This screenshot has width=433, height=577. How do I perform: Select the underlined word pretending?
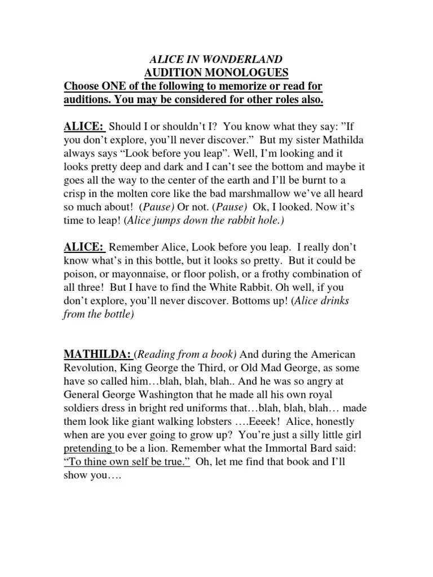click(89, 449)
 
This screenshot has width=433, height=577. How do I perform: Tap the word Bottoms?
click(229, 300)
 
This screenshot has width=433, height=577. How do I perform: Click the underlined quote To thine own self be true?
click(127, 462)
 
